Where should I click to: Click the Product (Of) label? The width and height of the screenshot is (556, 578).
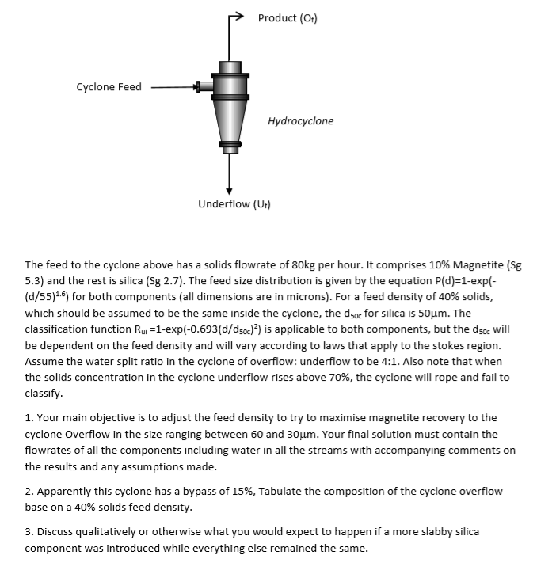click(288, 18)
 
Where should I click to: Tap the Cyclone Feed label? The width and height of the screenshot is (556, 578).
click(109, 87)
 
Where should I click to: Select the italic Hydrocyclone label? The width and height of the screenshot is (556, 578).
click(300, 121)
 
